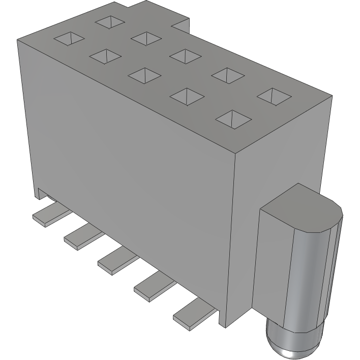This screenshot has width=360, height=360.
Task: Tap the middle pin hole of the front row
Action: [x=144, y=75]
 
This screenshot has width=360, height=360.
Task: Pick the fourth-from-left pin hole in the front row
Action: [x=187, y=96]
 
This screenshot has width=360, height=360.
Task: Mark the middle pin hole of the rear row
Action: [x=184, y=54]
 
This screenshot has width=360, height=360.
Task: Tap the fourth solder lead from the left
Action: [x=153, y=284]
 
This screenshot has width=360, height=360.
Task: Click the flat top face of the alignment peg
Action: [x=300, y=206]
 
